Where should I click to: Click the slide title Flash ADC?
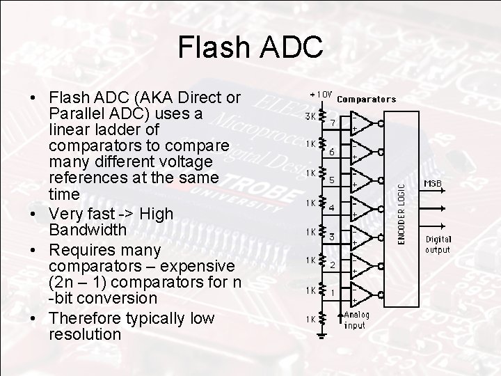(x=250, y=47)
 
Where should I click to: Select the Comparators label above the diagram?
(x=366, y=99)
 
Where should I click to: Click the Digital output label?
(x=438, y=244)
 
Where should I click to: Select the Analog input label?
(x=356, y=320)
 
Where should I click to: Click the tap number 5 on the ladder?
(x=332, y=180)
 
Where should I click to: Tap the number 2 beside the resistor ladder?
(x=333, y=265)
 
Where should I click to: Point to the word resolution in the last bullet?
(x=85, y=334)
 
